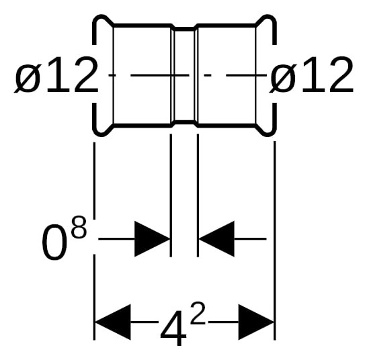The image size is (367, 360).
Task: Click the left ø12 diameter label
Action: [56, 75]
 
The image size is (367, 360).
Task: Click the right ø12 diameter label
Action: [311, 75]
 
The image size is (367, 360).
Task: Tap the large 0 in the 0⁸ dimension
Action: [54, 242]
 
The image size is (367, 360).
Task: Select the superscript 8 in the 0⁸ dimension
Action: [79, 227]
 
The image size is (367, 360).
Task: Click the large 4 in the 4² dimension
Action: [173, 328]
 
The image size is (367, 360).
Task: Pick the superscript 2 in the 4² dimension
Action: [198, 313]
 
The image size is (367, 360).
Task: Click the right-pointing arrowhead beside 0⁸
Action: [152, 239]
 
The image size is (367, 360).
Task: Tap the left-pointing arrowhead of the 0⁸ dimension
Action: [216, 239]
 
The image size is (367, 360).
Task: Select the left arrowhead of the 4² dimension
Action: [113, 322]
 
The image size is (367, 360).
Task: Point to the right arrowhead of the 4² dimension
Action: [256, 322]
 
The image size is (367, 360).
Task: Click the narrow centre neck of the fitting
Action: [184, 75]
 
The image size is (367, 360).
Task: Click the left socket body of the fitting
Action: [142, 75]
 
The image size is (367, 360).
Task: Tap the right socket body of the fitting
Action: [227, 75]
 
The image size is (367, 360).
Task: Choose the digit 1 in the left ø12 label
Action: [57, 75]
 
